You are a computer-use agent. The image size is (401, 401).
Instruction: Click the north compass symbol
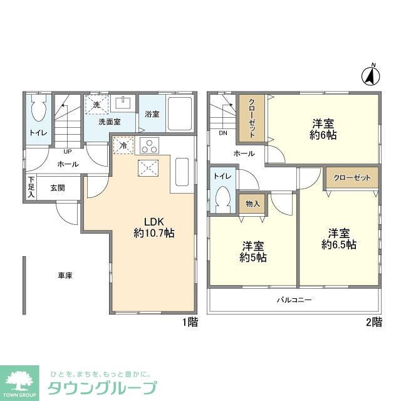[x=370, y=76]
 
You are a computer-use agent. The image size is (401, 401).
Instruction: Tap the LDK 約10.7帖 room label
[x=154, y=227]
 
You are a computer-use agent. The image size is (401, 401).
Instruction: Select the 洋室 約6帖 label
[x=323, y=129]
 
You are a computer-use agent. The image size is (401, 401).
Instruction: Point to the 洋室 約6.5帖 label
[x=339, y=239]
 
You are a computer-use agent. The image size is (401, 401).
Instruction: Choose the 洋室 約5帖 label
[x=253, y=252]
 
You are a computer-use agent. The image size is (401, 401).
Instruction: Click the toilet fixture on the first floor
[x=38, y=108]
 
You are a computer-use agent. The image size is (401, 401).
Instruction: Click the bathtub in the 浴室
[x=180, y=114]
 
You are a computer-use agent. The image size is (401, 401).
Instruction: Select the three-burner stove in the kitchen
[x=149, y=145]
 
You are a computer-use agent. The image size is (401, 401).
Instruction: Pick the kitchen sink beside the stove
[x=182, y=172]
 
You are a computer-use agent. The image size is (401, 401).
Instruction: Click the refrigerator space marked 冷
[x=123, y=145]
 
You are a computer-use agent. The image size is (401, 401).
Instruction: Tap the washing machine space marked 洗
[x=96, y=105]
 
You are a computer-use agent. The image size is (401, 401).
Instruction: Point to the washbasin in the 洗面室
[x=123, y=103]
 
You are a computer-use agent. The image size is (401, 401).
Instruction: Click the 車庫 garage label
[x=65, y=276]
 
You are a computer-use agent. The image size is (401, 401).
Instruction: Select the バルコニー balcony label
[x=294, y=299]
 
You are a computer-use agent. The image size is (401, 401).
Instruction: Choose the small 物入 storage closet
[x=253, y=204]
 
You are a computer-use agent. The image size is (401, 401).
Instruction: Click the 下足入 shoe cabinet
[x=31, y=187]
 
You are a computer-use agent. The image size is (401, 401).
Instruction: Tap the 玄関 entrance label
[x=58, y=188]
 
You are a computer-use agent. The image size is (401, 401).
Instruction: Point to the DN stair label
[x=223, y=133]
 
